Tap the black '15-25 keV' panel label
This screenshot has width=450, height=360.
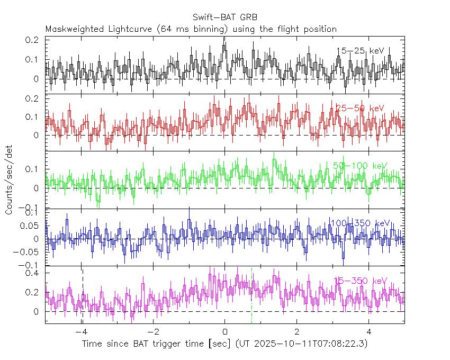point(360,51)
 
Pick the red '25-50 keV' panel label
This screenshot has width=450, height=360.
point(360,108)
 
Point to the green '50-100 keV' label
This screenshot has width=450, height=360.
point(360,166)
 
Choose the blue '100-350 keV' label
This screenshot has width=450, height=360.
point(359,223)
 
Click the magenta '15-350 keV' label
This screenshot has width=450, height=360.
point(360,281)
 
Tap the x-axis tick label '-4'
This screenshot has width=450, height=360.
point(80,332)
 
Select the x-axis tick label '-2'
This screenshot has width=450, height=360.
point(152,332)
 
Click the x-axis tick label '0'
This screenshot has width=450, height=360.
point(225,332)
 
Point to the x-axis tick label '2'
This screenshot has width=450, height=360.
point(297,332)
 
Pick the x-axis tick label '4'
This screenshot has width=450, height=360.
point(369,332)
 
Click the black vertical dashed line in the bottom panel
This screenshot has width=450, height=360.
point(83,296)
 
